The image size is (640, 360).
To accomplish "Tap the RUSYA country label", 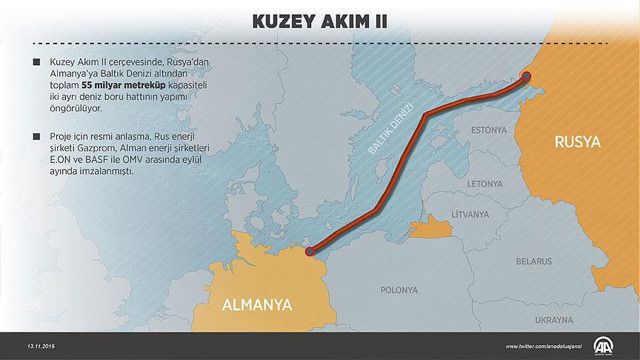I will coord(577,143).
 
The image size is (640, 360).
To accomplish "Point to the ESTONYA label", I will coord(489,131).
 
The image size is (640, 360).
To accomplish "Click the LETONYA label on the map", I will coord(483,184).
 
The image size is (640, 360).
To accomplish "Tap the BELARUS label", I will coord(534,261).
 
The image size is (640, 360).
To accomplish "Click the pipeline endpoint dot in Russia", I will coord(528,75).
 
